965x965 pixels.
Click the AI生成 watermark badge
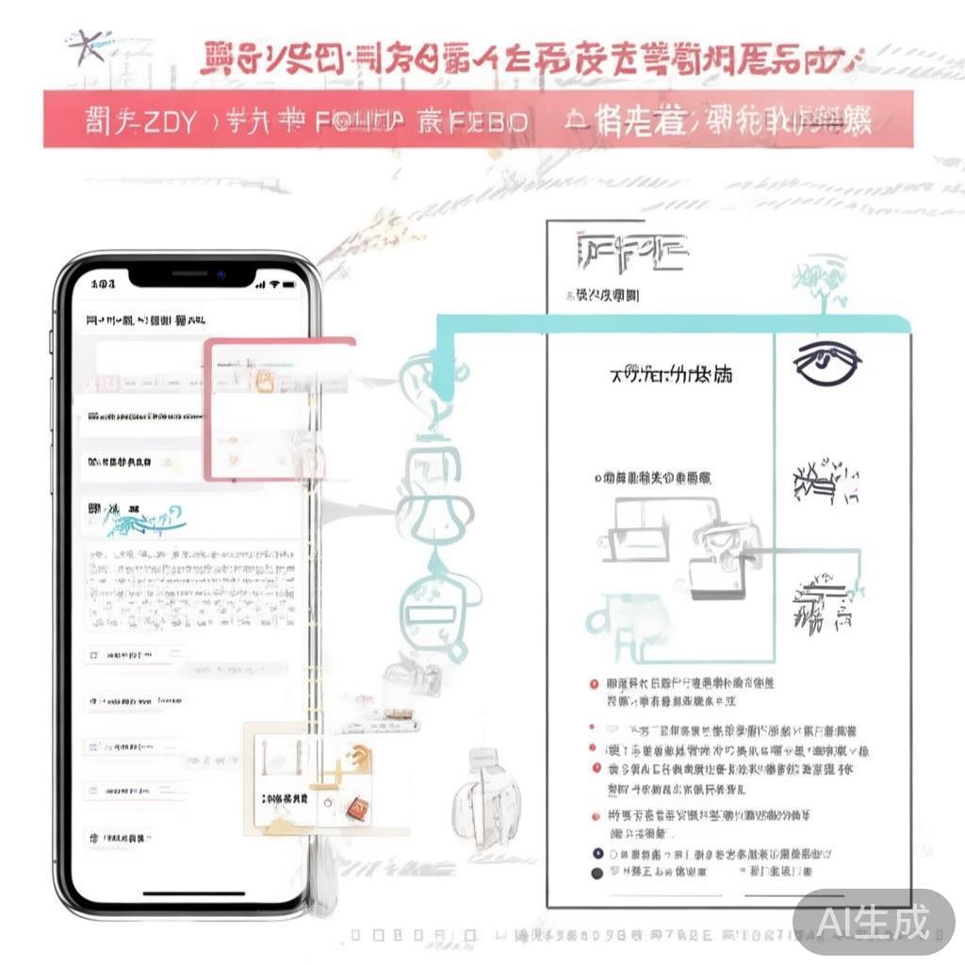(873, 921)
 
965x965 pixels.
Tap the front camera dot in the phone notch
(220, 274)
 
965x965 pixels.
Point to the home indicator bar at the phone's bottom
(192, 892)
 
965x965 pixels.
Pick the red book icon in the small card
(355, 806)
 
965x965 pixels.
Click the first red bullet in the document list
(594, 684)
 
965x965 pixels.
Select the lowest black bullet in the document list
(596, 874)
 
